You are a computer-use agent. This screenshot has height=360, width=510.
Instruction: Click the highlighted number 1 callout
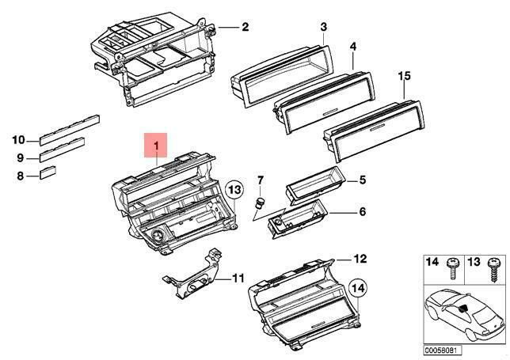(156, 145)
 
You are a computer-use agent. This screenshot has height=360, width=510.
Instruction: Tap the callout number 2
(245, 27)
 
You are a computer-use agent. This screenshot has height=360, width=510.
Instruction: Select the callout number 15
(405, 76)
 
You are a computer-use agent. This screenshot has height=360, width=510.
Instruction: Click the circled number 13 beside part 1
(235, 189)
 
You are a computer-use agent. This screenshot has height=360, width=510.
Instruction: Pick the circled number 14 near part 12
(358, 288)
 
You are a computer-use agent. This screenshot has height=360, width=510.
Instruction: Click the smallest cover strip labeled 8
(48, 172)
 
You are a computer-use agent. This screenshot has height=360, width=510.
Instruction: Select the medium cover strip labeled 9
(62, 150)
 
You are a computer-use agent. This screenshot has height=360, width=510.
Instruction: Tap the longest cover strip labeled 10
(69, 130)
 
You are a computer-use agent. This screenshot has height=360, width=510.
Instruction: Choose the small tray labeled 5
(314, 185)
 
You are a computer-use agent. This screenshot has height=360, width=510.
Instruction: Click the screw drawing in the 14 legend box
(451, 269)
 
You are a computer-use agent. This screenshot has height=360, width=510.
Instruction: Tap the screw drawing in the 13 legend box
(492, 270)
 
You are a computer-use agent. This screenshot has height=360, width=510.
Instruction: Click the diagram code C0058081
(442, 351)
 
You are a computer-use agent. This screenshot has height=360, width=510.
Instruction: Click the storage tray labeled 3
(282, 76)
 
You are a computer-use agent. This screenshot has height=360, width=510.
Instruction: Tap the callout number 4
(353, 47)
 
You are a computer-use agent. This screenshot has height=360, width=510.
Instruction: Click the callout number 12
(360, 259)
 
